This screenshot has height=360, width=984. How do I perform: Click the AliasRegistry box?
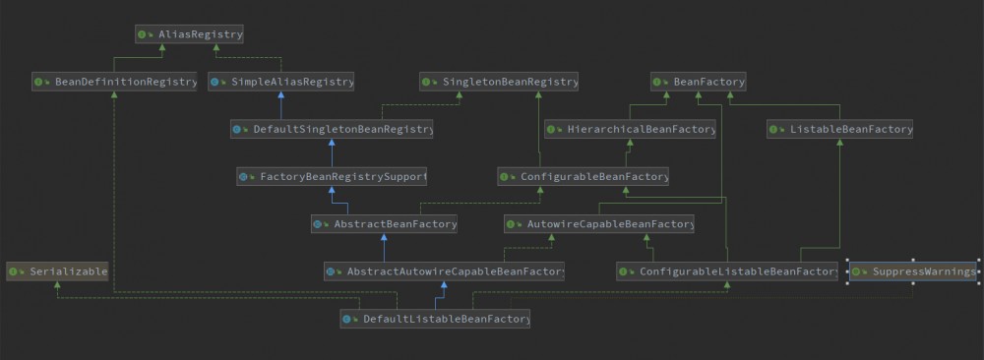tap(189, 34)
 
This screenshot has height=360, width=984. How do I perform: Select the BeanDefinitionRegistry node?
tap(115, 82)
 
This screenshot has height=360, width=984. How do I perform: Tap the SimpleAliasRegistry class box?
tap(281, 82)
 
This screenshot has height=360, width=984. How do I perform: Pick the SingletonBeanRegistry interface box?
tap(499, 82)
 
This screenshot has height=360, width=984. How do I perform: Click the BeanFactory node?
tap(699, 82)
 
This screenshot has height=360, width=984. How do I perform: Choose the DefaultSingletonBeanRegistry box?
tap(332, 129)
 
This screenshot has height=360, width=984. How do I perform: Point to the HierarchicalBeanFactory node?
tap(630, 129)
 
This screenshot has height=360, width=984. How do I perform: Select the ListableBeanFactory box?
tap(840, 129)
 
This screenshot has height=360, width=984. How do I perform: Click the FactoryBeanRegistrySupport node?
tap(332, 177)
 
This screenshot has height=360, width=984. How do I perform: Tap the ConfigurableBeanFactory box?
tap(584, 177)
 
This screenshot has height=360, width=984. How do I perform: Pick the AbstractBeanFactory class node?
tap(385, 224)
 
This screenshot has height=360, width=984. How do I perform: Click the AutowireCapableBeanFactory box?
tap(599, 224)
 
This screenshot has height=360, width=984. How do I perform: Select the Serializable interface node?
tap(56, 270)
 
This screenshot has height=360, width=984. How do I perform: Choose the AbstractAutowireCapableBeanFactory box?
tap(444, 270)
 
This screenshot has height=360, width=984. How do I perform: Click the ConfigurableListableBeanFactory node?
tap(728, 270)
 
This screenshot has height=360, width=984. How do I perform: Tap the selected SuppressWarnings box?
tap(913, 270)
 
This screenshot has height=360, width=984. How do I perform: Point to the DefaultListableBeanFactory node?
tap(436, 319)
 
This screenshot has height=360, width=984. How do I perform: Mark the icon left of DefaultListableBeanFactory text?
tap(349, 319)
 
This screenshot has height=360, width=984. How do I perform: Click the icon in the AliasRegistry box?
tap(144, 34)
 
